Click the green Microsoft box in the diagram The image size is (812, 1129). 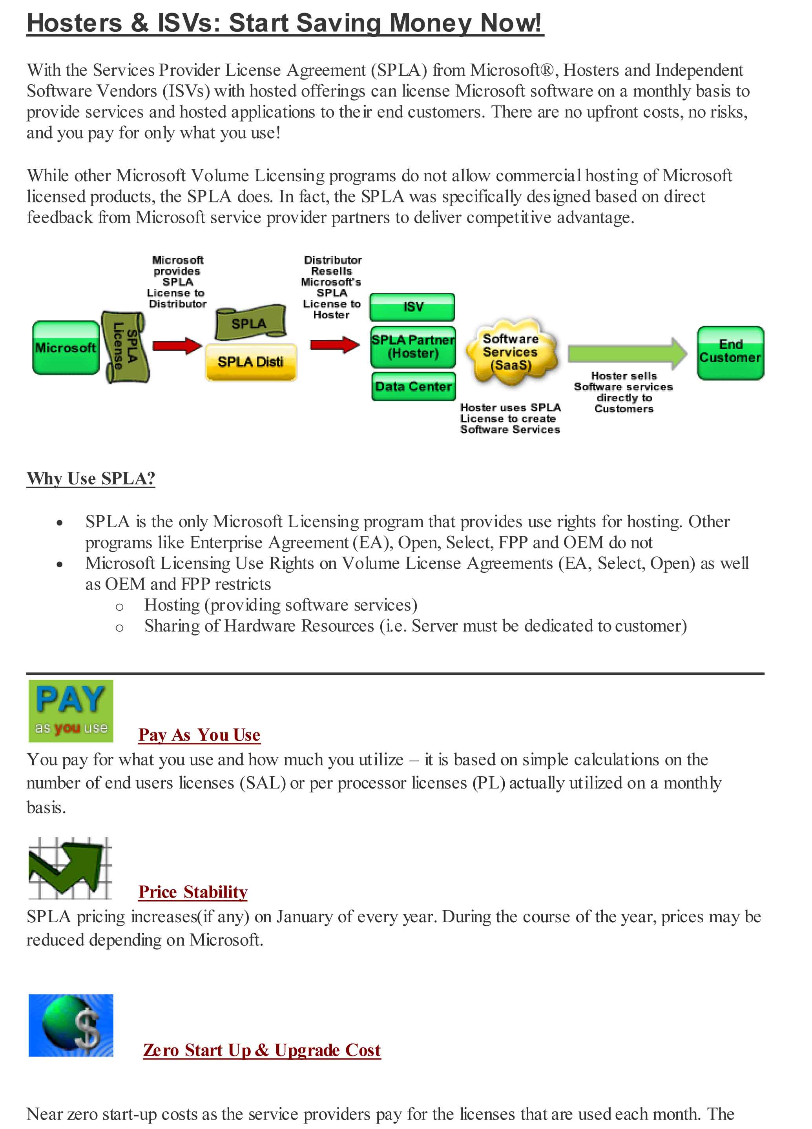point(66,348)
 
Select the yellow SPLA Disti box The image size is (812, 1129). point(250,362)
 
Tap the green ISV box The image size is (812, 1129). point(412,307)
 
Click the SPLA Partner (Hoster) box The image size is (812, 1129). point(412,347)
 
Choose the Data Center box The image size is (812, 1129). point(413,386)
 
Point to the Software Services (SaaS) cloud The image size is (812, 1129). point(511,352)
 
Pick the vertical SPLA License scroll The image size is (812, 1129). point(124,346)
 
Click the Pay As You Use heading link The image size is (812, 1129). point(199,735)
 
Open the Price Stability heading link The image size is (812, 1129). point(193,892)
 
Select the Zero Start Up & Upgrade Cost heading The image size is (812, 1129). point(261,1050)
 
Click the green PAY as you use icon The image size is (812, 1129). point(71,711)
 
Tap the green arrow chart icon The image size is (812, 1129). point(70,868)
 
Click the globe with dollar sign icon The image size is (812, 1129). point(71,1025)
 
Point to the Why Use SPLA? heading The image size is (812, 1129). point(91,478)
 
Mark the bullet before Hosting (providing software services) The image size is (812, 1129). point(119,607)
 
